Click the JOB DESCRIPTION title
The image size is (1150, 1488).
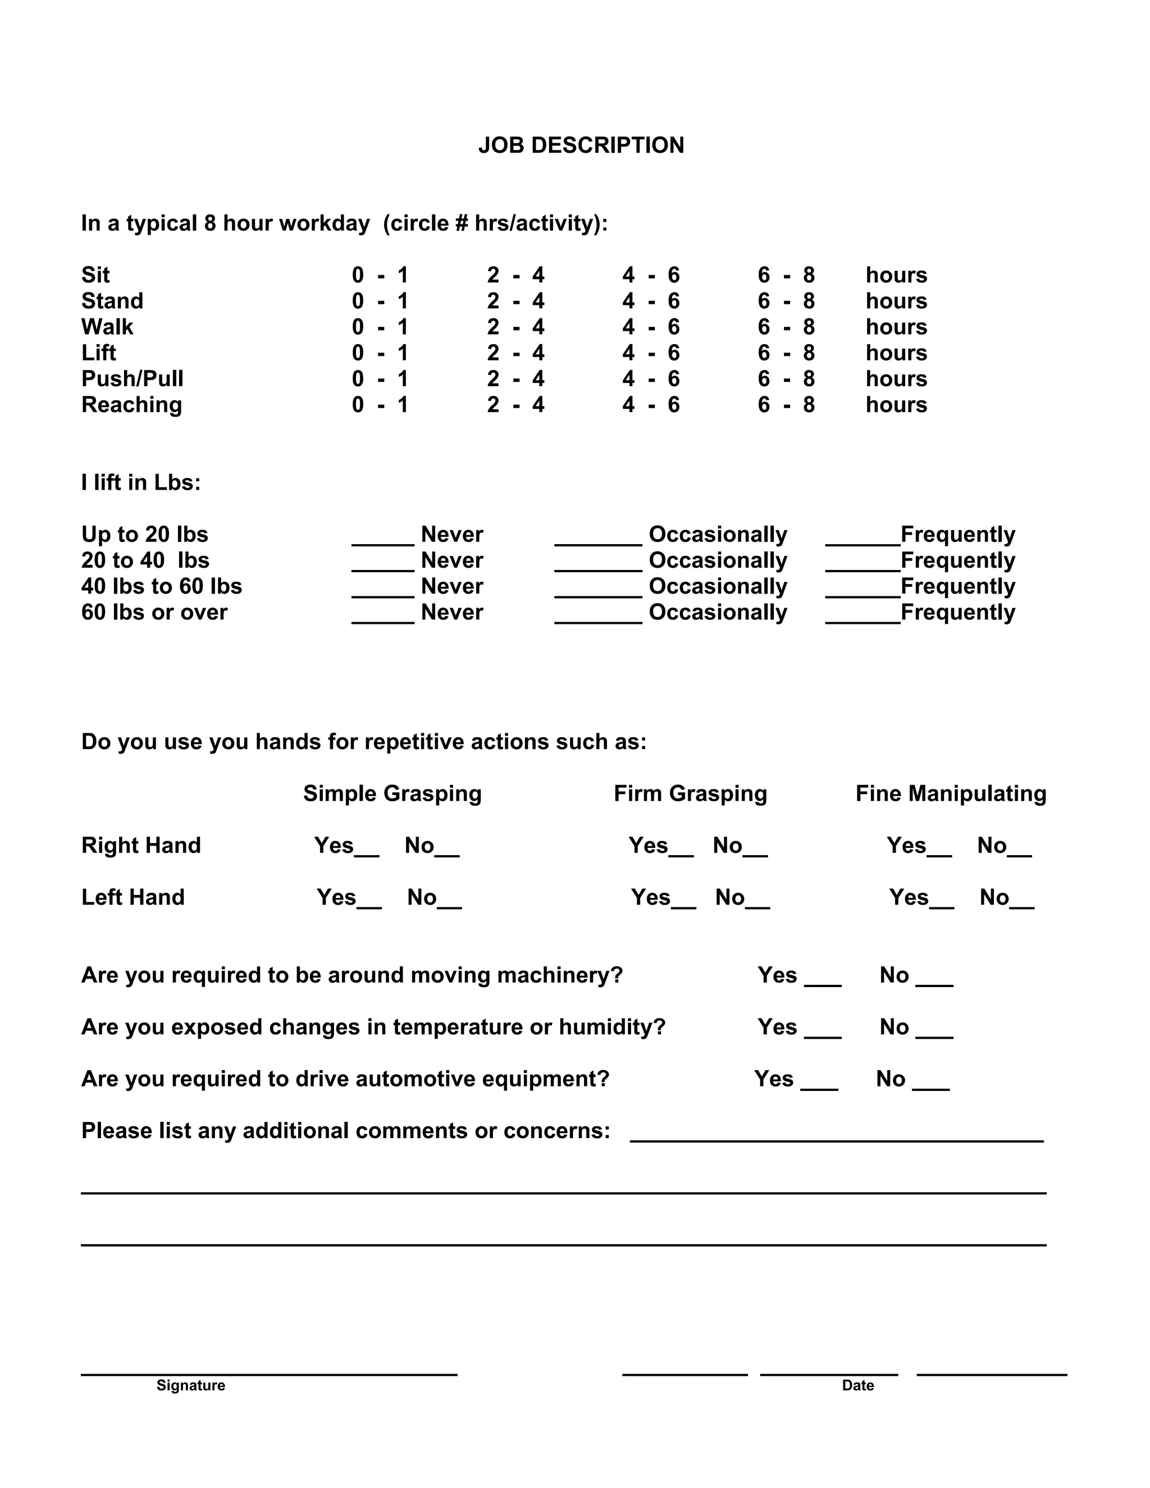click(581, 145)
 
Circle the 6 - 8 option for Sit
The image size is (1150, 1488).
click(786, 275)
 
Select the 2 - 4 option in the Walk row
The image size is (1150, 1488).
click(515, 327)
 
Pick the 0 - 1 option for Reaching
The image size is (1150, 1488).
click(380, 405)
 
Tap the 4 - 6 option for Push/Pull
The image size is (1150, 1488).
click(651, 379)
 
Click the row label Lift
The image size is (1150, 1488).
click(99, 353)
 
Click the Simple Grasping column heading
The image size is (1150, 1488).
click(392, 794)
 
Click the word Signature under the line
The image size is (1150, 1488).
click(191, 1385)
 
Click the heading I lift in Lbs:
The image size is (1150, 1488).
click(141, 482)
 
